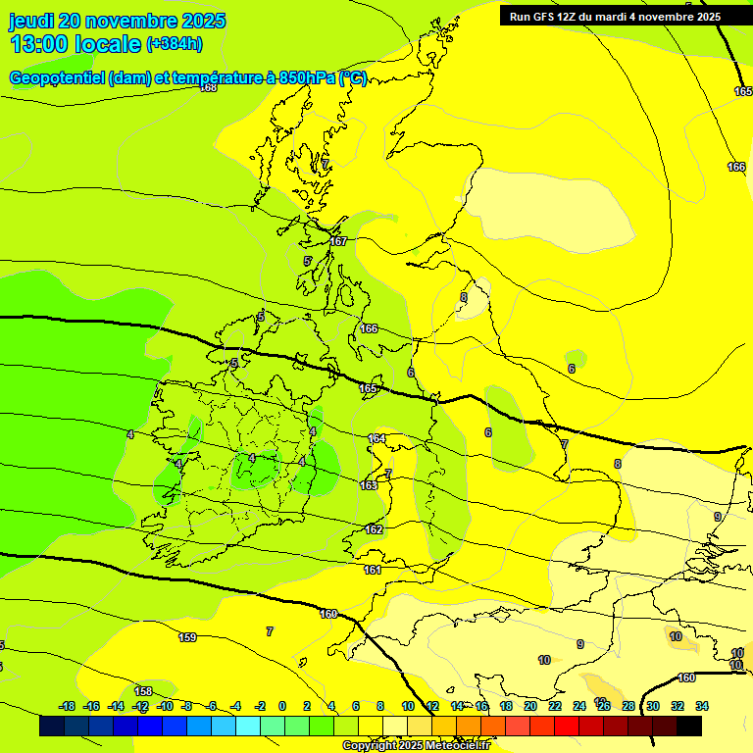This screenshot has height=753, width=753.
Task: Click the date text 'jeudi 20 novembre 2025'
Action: tap(117, 21)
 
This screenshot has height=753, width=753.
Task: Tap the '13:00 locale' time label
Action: tap(75, 44)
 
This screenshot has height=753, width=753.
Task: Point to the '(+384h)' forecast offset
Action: tap(175, 44)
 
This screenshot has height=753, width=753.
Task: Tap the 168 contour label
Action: tap(208, 87)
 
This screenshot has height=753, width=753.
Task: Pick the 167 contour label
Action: tap(338, 241)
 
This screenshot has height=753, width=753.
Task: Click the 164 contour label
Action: tap(376, 439)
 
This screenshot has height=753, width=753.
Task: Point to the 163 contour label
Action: tap(369, 485)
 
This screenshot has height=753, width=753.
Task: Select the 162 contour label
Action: tap(374, 529)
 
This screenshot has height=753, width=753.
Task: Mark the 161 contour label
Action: tap(373, 570)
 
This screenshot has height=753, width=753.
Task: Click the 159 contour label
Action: tap(187, 637)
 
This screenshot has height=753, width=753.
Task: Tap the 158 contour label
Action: tap(143, 691)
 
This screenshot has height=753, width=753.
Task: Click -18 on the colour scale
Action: tap(68, 706)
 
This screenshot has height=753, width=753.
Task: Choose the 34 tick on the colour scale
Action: tap(702, 706)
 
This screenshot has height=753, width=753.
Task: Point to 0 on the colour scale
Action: tap(282, 706)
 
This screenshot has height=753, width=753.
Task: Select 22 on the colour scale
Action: tap(555, 706)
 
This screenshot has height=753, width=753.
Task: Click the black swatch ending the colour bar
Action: tap(689, 727)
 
